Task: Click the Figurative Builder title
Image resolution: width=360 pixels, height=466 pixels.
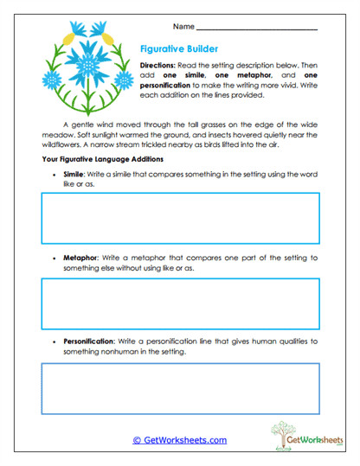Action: [179, 50]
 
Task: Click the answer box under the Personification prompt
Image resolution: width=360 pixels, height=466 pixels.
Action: [180, 388]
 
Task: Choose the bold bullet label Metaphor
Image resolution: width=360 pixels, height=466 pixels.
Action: [82, 259]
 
